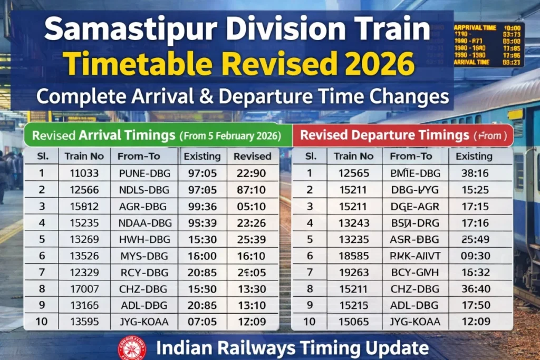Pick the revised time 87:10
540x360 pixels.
[x=252, y=189]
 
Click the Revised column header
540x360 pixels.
[x=252, y=156]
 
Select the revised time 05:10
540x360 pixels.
[x=252, y=206]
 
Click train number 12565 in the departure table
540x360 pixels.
[x=353, y=172]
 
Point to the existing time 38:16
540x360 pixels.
[x=474, y=172]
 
